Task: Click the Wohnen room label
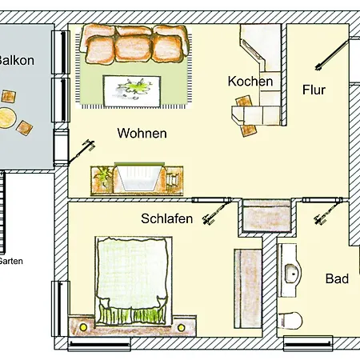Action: pos(142,133)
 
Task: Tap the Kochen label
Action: pos(250,81)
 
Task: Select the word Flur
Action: pos(314,90)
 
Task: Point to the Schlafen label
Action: pos(166,218)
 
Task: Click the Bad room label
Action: pos(337,278)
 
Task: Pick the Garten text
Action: pos(10,261)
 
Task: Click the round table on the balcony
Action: pos(7,118)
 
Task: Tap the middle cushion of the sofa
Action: pos(134,48)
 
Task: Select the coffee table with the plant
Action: pos(132,91)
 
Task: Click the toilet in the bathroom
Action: pos(290,320)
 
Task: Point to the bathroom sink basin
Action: pos(291,274)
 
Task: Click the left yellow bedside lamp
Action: pos(83,327)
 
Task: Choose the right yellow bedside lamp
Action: pos(181,327)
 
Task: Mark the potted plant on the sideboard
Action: pos(102,176)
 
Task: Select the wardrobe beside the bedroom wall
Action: pos(248,289)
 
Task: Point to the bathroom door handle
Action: pos(320,218)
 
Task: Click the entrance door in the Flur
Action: pos(332,54)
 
